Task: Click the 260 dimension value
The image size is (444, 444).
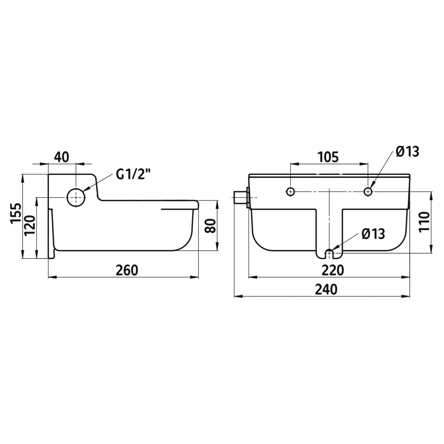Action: pyautogui.click(x=127, y=270)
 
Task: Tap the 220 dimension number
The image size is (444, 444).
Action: pyautogui.click(x=332, y=270)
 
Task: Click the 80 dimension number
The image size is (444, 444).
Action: pyautogui.click(x=210, y=226)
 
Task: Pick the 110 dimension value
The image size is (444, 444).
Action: pyautogui.click(x=424, y=222)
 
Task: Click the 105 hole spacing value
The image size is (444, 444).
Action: pyautogui.click(x=328, y=157)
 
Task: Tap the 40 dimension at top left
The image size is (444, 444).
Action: pyautogui.click(x=61, y=157)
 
